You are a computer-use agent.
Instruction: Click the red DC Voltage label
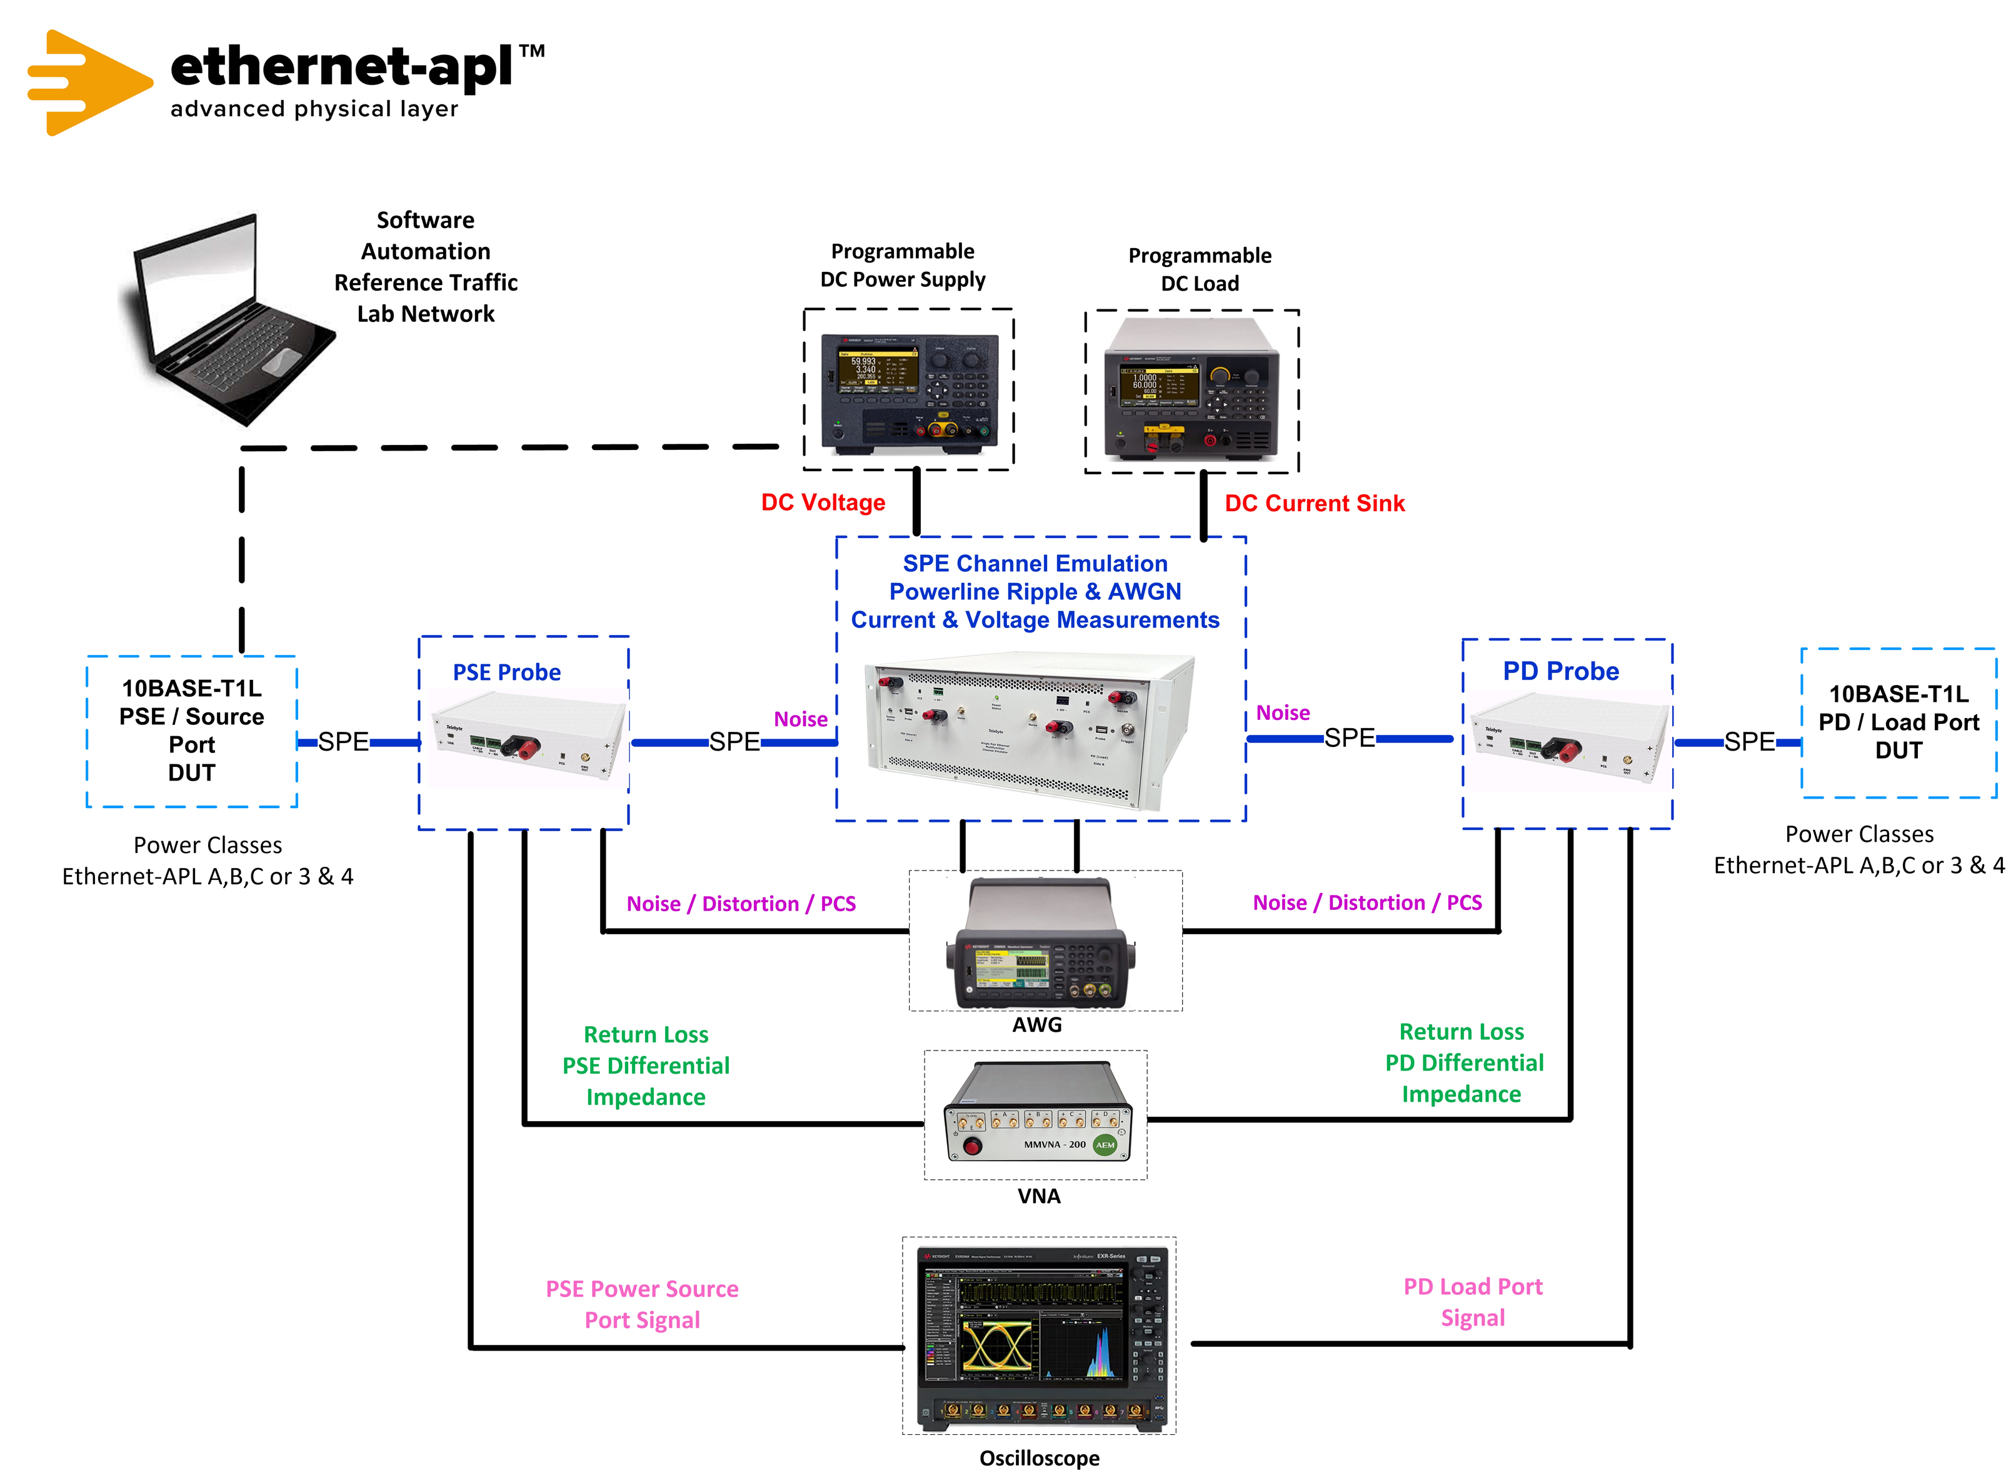click(823, 503)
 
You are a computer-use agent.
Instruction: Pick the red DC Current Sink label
click(1314, 504)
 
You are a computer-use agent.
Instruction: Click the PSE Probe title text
click(506, 672)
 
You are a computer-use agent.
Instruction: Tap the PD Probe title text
click(1560, 671)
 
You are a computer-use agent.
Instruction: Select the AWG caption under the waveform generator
click(1036, 1024)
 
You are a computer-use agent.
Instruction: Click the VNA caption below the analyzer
click(1038, 1196)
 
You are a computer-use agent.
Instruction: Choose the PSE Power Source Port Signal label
click(642, 1304)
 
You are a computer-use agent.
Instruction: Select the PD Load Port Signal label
click(1473, 1302)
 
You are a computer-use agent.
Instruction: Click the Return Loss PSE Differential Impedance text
click(646, 1066)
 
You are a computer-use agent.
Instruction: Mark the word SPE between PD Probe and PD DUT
click(1749, 742)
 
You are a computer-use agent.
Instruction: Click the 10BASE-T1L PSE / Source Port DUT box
click(192, 731)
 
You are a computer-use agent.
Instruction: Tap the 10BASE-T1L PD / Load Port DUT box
click(1898, 722)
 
